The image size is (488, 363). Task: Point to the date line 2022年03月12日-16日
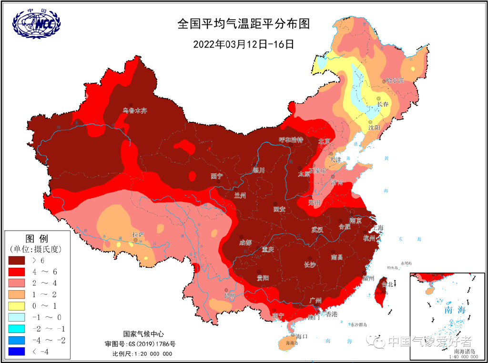tap(243, 44)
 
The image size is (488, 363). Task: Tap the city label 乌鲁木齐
tap(135, 111)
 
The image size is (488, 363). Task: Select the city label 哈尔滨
tap(395, 81)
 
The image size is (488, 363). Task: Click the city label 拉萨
tap(138, 235)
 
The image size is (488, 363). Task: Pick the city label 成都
tap(245, 242)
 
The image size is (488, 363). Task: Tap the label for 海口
tap(302, 336)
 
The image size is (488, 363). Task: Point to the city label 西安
tap(279, 209)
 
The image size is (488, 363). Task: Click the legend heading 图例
tap(36, 238)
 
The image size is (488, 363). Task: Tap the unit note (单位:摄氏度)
tap(36, 249)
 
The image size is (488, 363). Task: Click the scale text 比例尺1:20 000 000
tap(142, 353)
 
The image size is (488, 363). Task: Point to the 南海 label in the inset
tap(455, 309)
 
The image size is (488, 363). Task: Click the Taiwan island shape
tap(381, 290)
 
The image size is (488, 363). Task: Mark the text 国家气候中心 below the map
tap(143, 334)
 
